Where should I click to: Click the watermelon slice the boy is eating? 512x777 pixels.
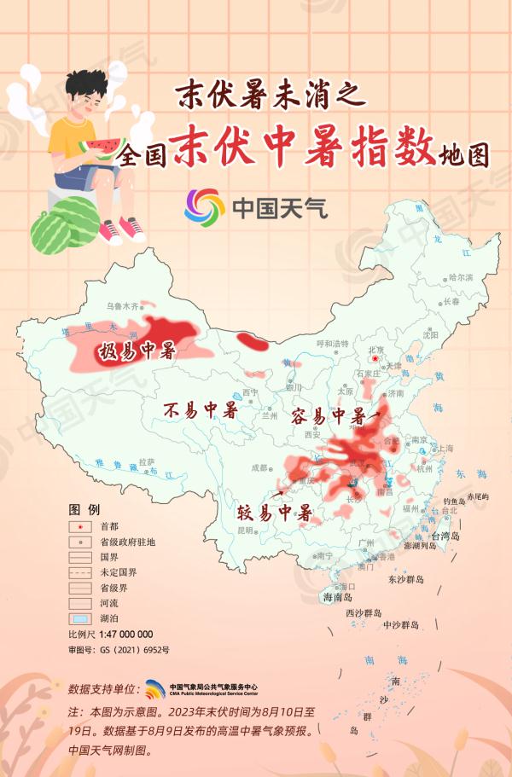pos(102,148)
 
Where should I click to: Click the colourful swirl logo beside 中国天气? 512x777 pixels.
pos(203,206)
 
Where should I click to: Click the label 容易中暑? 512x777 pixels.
pos(328,416)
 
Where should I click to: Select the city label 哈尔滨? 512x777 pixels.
pos(460,277)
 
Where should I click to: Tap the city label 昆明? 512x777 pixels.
pos(245,530)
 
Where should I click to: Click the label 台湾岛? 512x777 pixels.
pos(445,536)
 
